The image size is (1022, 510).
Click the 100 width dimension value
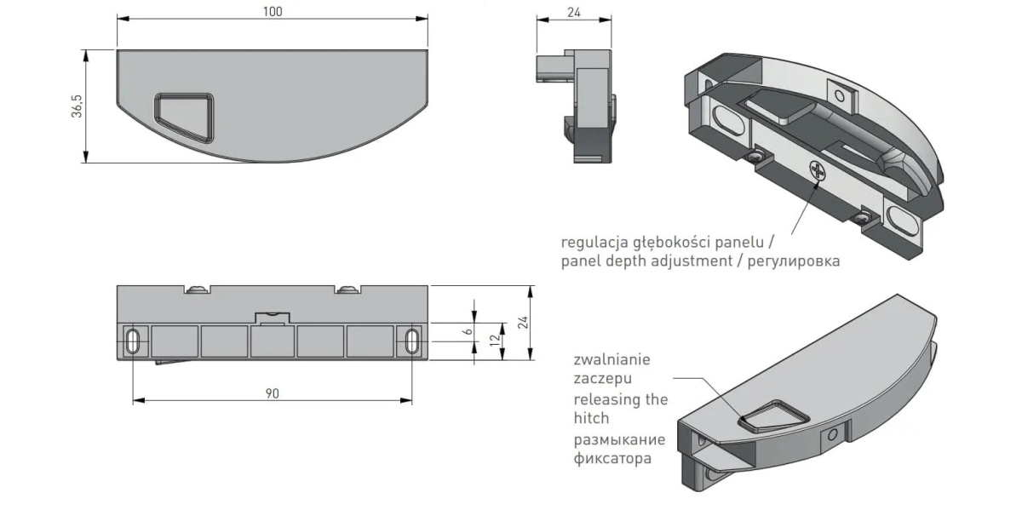[273, 11]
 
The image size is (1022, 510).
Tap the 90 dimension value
[273, 393]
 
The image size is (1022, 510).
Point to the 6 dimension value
[466, 330]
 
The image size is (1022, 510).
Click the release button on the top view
[182, 115]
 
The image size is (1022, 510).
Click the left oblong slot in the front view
[133, 342]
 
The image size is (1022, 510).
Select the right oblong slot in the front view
[412, 342]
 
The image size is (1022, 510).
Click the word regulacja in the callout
[594, 241]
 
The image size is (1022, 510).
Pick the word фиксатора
[613, 459]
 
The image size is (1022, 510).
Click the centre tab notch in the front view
[273, 317]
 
